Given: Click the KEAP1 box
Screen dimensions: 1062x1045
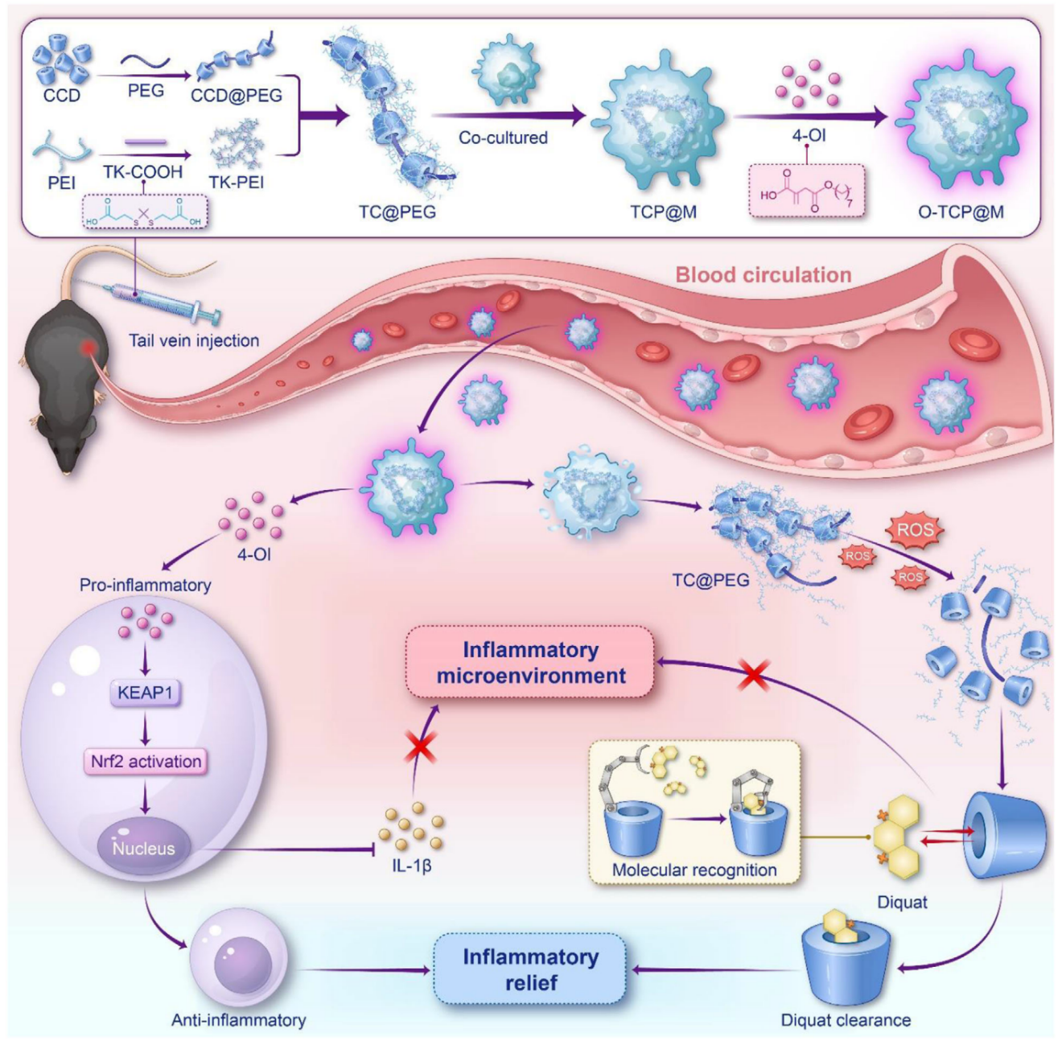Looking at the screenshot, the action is (x=146, y=692).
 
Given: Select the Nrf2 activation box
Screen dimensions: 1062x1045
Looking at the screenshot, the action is (x=146, y=761).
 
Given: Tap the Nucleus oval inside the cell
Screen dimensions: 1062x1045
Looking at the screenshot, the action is (x=144, y=847).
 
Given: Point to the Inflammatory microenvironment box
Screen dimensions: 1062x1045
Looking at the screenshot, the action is (x=530, y=662).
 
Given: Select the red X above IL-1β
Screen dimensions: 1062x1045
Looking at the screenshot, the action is (x=421, y=747).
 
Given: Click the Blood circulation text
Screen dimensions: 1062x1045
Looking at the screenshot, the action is (x=764, y=274).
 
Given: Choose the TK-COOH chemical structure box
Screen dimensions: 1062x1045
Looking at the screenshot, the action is (x=145, y=212).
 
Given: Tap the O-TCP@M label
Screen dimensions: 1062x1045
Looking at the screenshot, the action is (x=961, y=212).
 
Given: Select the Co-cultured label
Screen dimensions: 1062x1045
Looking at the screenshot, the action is (x=503, y=138).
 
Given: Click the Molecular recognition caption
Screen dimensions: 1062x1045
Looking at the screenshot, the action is (x=694, y=870).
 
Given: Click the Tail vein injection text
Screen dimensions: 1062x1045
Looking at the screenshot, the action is (x=194, y=340).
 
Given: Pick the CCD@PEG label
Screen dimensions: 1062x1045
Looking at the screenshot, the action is (x=237, y=96).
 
